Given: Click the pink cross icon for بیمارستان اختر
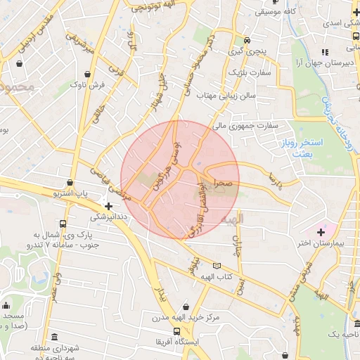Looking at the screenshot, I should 322,231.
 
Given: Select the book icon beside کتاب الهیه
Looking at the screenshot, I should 217,266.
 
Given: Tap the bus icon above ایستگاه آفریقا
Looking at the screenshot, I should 178,331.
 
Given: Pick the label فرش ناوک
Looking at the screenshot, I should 87,85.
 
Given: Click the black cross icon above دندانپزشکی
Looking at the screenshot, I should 108,205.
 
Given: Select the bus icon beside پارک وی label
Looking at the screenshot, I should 63,224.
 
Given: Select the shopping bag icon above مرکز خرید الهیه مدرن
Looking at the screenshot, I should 186,306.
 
